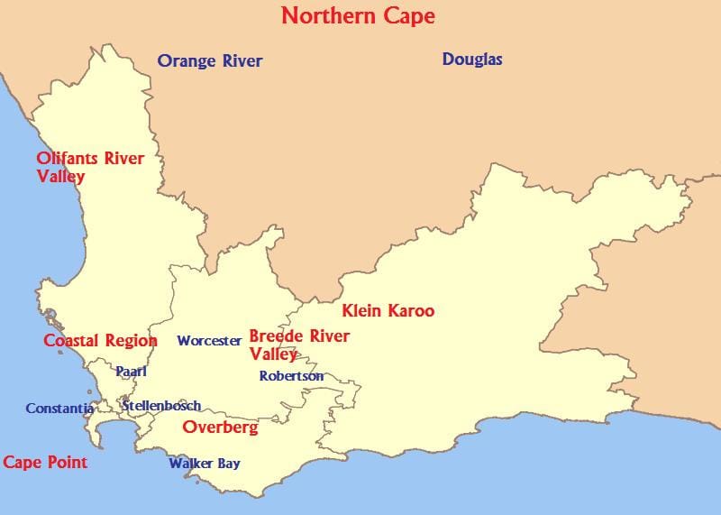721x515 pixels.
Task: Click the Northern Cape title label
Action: click(x=358, y=15)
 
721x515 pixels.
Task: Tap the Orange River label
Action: click(x=209, y=60)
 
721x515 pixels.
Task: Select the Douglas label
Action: click(x=472, y=60)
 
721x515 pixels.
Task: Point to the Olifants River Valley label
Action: click(x=90, y=167)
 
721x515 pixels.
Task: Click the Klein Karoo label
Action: click(x=388, y=311)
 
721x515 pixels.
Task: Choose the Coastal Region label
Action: click(x=100, y=341)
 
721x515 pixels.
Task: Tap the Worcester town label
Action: click(x=209, y=341)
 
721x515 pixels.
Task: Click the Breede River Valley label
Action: click(x=299, y=345)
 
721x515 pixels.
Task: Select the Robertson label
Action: click(x=291, y=376)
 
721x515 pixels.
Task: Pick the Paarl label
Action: click(x=131, y=371)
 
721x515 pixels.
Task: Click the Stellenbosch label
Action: click(x=161, y=406)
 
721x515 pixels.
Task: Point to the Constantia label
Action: click(x=59, y=409)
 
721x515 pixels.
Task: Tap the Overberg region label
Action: click(x=220, y=428)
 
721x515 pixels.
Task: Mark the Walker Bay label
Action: click(x=205, y=464)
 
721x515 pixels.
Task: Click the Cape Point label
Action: click(x=45, y=463)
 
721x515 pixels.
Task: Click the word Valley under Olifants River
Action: click(x=60, y=177)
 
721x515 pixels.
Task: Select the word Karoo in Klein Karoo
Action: click(x=411, y=311)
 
